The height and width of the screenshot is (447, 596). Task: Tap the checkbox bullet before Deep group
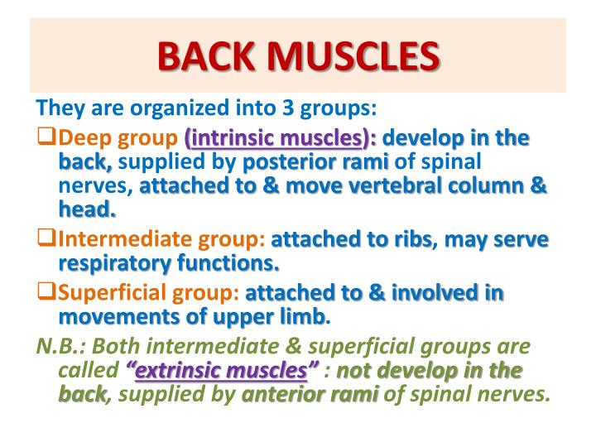(x=48, y=137)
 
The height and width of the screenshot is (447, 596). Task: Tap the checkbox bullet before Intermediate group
(x=48, y=240)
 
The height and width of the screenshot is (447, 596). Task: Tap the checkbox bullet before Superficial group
(x=48, y=292)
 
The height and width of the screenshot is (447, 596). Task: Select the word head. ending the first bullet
(x=87, y=210)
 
